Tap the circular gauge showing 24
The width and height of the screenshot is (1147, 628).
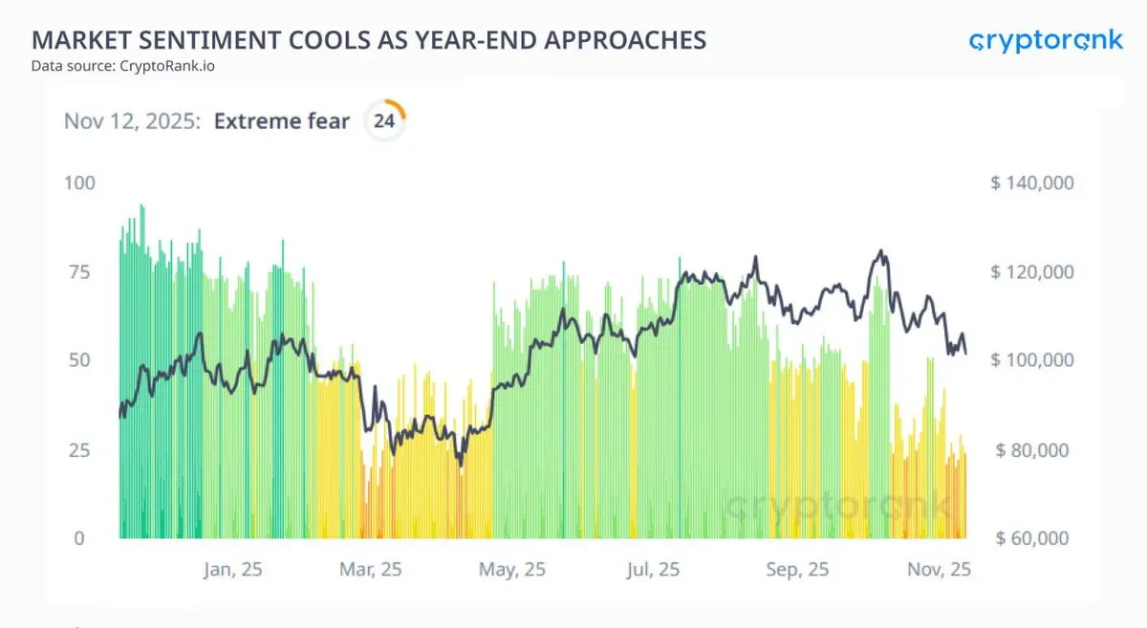(384, 121)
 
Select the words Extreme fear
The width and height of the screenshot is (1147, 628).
(282, 121)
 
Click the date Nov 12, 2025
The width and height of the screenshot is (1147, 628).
(132, 121)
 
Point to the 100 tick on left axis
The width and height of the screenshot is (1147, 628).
(79, 182)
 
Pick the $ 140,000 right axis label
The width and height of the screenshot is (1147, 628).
(1032, 183)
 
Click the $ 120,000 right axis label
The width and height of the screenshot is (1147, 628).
(1032, 271)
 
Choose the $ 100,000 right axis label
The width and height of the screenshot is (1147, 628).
(1032, 360)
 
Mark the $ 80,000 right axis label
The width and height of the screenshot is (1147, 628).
(1034, 449)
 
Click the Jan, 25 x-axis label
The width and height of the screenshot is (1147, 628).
(233, 570)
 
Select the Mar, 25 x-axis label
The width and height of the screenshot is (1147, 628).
(372, 570)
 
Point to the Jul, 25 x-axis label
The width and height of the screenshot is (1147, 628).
(653, 570)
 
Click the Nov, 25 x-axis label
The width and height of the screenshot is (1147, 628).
(940, 570)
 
